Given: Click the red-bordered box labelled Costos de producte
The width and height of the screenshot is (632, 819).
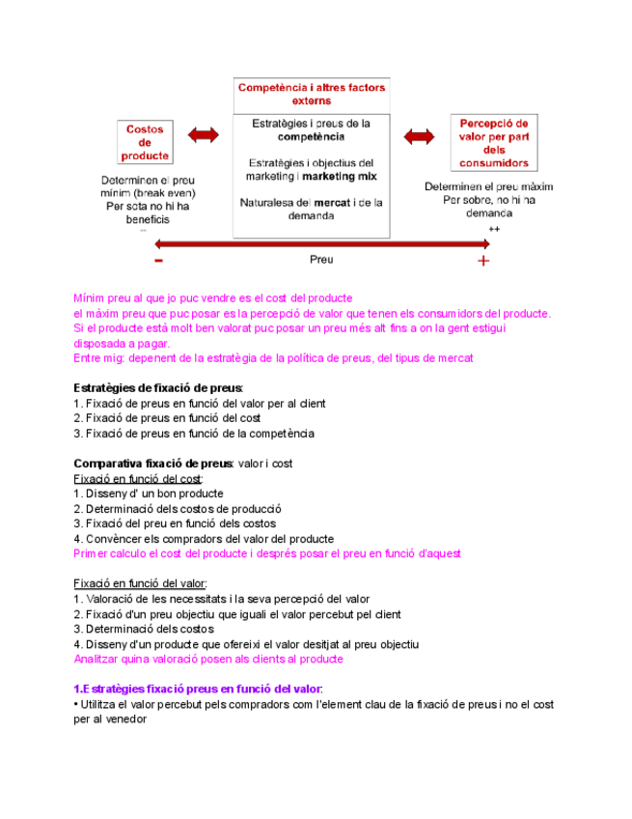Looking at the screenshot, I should pos(145,142).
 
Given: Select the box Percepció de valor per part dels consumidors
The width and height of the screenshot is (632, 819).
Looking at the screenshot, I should pos(494,143).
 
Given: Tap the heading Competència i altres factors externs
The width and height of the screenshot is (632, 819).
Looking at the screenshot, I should pos(312,94).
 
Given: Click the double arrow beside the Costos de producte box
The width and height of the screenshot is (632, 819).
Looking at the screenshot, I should pos(204,136).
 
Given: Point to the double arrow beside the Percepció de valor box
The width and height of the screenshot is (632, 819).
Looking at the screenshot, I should pos(421,136).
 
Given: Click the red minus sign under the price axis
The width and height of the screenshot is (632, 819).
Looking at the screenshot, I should pos(157,261).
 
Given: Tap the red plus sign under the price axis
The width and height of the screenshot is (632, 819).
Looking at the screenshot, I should pos(483,261).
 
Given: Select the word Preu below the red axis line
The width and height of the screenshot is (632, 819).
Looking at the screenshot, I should pos(321,260).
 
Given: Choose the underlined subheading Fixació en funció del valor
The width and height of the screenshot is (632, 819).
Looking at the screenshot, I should pos(141,583).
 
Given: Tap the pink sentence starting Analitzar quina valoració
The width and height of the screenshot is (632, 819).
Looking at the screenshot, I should pos(207,659).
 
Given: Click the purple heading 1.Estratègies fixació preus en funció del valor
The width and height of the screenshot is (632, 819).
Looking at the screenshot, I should pos(199,689).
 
